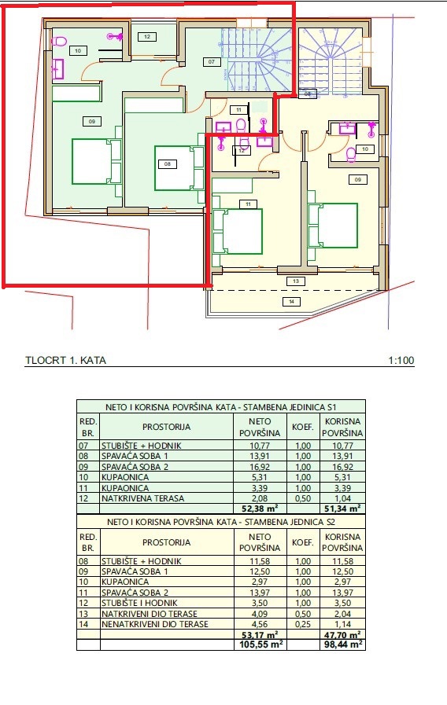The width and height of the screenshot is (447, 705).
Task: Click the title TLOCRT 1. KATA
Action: pos(66,360)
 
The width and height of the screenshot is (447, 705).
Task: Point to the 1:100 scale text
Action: pos(401,360)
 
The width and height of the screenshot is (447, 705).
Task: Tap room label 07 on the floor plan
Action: pos(211,61)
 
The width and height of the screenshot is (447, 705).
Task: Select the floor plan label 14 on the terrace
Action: pos(291,302)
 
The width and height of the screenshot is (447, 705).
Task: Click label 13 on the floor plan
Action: pos(296,281)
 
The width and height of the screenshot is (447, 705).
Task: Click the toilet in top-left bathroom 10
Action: pos(58,42)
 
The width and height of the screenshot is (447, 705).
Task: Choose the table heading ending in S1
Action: pos(220,407)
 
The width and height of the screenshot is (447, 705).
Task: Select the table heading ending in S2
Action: pos(220,522)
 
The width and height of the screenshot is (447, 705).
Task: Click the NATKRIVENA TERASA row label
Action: pos(142,498)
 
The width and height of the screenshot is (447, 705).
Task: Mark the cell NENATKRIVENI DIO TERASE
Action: pos(155,624)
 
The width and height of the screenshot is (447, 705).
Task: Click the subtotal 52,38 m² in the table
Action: pos(260,509)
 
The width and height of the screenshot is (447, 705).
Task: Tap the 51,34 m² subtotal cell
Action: pos(342,509)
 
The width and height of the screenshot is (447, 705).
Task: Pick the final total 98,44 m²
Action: pos(342,644)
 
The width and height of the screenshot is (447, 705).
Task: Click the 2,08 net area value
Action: pos(260,498)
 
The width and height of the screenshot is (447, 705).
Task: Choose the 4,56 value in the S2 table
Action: pos(260,624)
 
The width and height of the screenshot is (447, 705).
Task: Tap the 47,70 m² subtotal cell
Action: pos(342,635)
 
